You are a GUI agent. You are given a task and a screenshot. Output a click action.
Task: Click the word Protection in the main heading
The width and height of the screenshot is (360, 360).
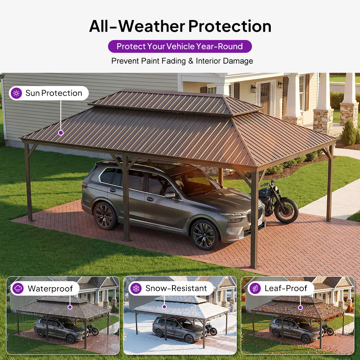(x=230, y=26)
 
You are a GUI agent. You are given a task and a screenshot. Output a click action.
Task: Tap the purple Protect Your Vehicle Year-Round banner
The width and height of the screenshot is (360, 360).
(x=180, y=46)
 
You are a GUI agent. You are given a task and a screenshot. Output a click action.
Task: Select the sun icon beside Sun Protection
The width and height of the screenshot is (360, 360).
(x=16, y=93)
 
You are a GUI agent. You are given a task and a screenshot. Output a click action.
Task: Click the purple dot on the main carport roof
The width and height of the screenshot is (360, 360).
(x=61, y=133)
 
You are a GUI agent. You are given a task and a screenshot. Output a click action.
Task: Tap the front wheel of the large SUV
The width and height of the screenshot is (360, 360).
(x=204, y=235)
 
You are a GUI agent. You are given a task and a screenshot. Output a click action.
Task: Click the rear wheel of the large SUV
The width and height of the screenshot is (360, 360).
(x=104, y=216)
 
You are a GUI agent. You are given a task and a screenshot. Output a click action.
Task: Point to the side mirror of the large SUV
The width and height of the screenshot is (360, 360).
(x=170, y=195)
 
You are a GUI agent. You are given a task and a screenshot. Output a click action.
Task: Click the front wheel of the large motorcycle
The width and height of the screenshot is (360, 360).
(x=286, y=210)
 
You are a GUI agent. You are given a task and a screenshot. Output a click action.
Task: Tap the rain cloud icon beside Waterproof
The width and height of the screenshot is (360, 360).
(x=18, y=288)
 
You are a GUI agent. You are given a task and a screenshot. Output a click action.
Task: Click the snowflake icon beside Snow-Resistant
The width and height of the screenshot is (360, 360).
(x=136, y=288)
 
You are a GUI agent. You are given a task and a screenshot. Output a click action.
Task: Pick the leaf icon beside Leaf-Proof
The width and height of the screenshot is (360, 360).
(x=255, y=288)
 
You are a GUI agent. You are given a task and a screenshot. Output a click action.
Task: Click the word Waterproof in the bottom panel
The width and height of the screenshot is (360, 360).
(x=50, y=288)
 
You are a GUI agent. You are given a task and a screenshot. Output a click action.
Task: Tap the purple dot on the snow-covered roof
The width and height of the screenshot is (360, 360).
(x=164, y=306)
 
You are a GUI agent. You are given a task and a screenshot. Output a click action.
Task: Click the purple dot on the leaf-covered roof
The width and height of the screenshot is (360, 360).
(x=300, y=308)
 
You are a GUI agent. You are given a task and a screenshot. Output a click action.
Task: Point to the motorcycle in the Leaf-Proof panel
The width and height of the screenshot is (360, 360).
(x=328, y=330)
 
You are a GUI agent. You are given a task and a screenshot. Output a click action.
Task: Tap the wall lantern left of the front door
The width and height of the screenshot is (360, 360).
(x=253, y=88)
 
